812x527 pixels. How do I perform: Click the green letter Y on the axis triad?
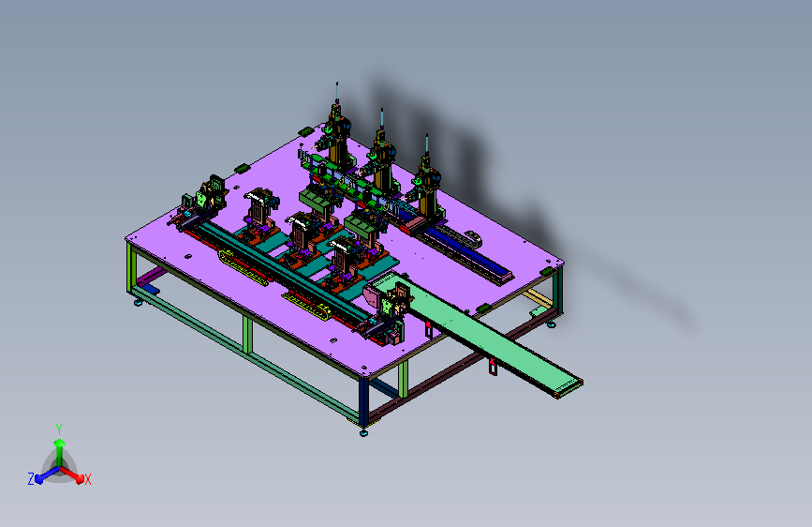coord(59,429)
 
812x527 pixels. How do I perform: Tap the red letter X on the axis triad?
coord(87,479)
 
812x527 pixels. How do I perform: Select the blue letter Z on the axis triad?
coord(31,479)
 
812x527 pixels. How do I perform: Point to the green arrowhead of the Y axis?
coord(60,443)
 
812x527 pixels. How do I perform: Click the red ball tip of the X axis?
coord(80,479)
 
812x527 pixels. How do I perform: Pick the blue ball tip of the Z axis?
coord(38,480)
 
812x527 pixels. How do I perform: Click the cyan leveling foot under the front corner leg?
coord(363,432)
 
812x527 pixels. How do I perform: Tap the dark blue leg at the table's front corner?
coord(364,402)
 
